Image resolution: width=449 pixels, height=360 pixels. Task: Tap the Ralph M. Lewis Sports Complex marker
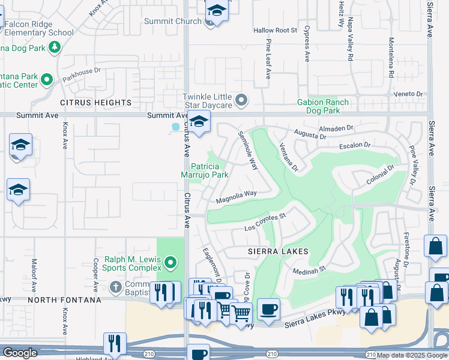171,262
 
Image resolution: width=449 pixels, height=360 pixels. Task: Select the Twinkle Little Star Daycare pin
241,100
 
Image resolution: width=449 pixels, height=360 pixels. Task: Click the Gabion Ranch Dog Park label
323,106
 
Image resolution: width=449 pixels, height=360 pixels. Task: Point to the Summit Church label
173,22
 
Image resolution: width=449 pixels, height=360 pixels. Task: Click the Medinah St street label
309,271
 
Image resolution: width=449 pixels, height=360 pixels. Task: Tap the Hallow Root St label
275,30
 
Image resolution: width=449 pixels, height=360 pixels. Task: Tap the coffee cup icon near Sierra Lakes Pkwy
268,309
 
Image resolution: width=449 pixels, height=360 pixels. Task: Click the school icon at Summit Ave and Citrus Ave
199,122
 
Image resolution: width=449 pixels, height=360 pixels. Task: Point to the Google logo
20,353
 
